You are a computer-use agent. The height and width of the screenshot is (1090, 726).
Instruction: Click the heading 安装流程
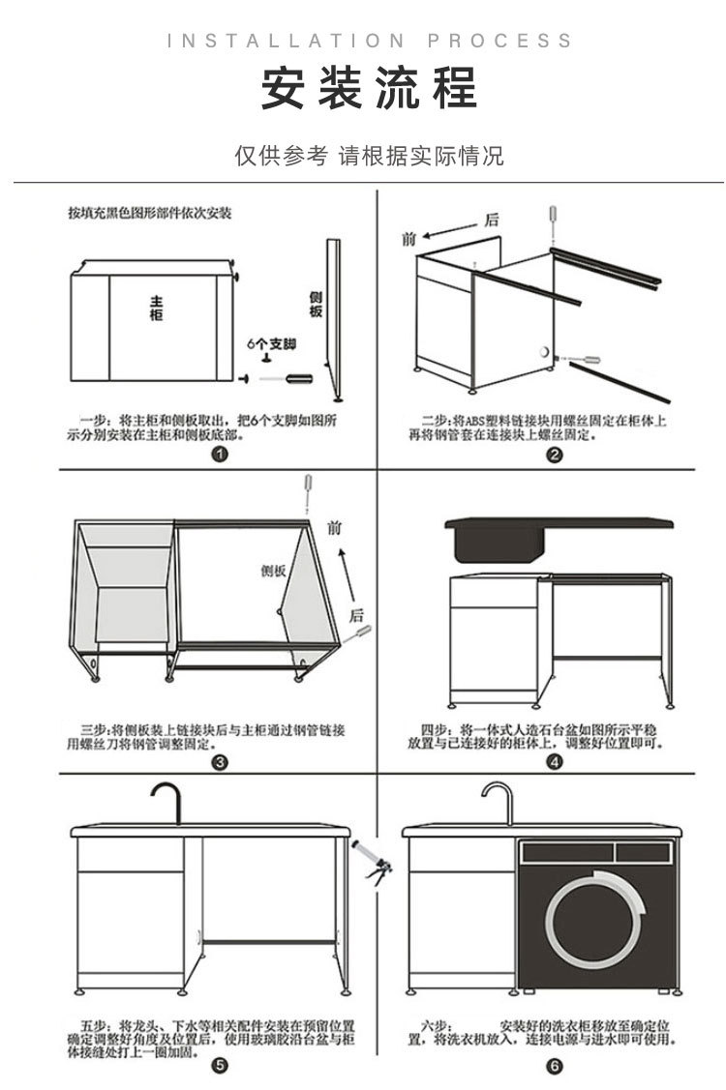(370, 89)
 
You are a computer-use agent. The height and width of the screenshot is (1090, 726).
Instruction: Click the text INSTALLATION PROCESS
(370, 41)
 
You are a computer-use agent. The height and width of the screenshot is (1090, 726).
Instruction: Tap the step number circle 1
(221, 456)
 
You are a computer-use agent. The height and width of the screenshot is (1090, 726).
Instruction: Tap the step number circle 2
(555, 456)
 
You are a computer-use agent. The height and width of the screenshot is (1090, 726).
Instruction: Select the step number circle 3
(221, 761)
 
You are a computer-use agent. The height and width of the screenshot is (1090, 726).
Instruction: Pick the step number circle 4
(555, 761)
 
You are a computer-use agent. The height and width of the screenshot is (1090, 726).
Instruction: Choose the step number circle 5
(221, 1066)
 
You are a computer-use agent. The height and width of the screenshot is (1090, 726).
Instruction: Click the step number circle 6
(555, 1066)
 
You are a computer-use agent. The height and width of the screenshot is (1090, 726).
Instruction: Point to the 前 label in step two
(408, 238)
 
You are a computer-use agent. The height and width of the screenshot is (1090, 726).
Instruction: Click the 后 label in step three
(356, 615)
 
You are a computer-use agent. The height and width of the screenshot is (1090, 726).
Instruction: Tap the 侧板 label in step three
(274, 571)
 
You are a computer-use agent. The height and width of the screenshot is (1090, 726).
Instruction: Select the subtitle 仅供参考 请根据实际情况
(370, 157)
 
